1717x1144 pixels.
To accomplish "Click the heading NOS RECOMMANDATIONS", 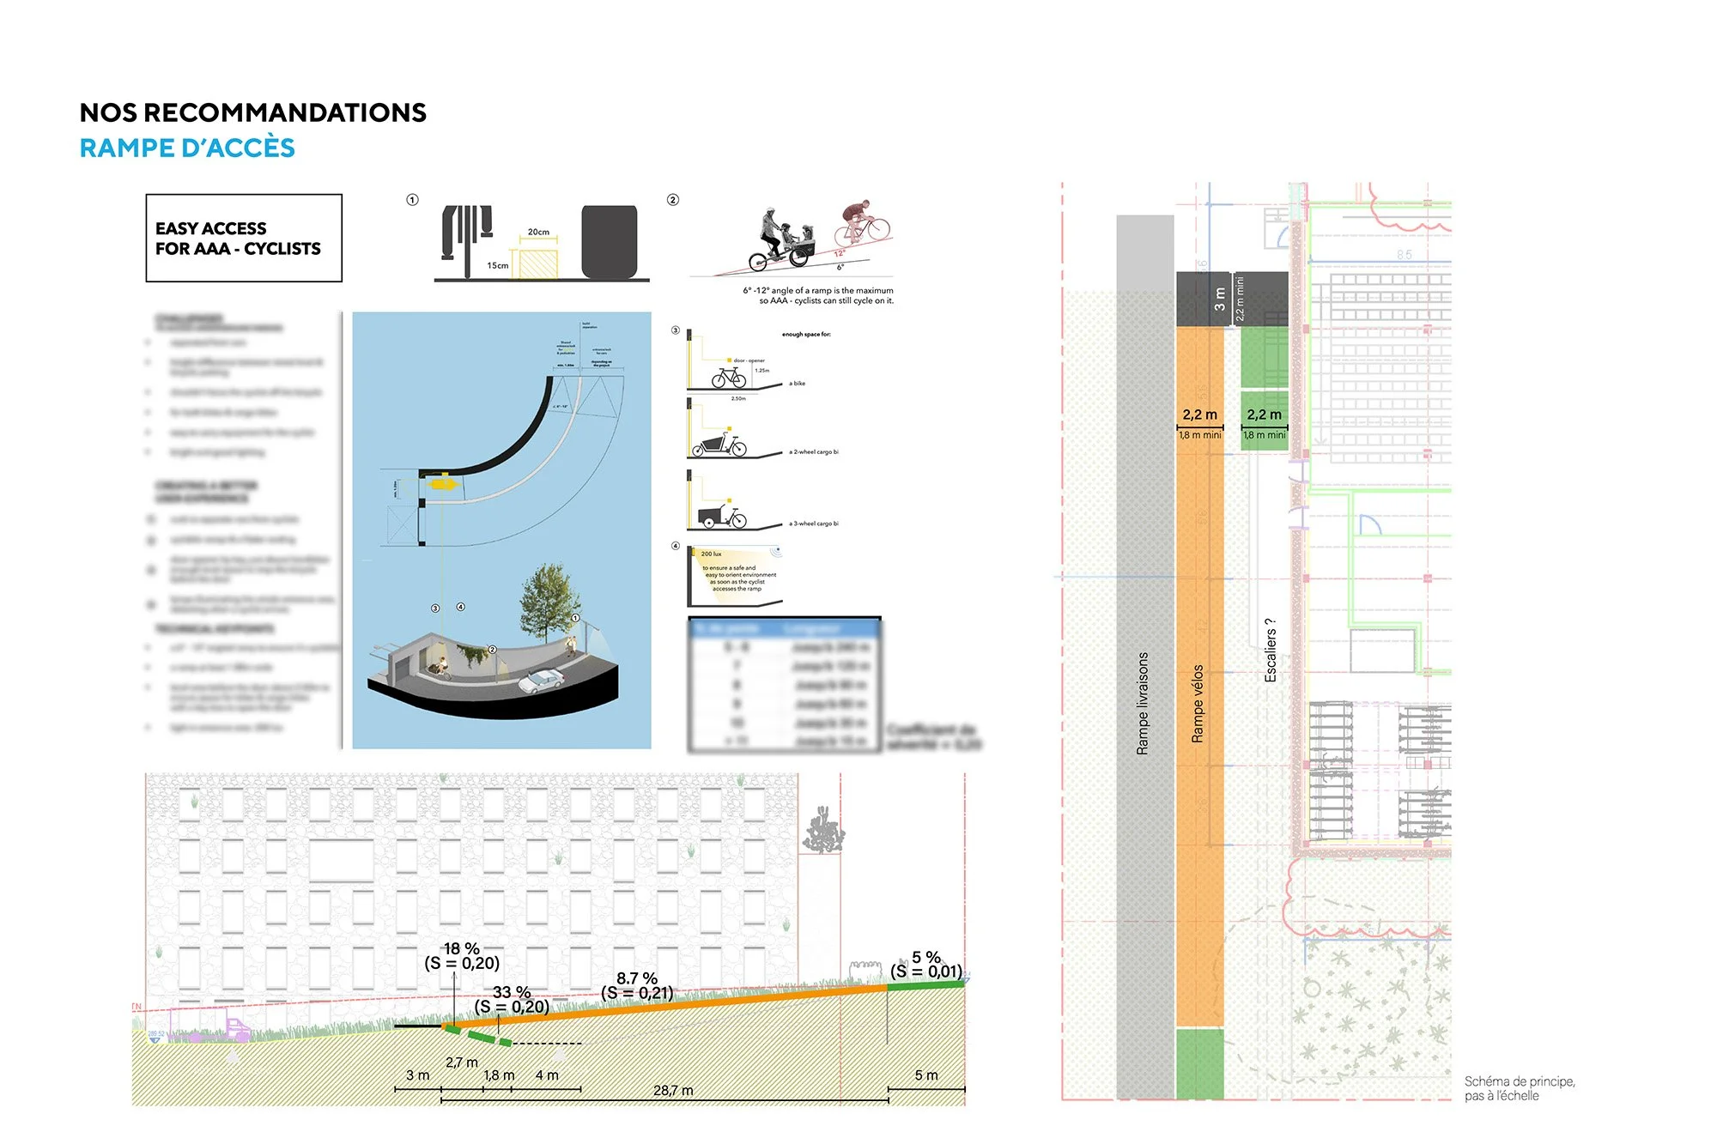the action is pos(252,112).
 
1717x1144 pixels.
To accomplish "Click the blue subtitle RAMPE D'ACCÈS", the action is pos(187,148).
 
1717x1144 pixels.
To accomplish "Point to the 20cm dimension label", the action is pos(538,232).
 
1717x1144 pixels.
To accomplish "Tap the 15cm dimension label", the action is pos(498,265).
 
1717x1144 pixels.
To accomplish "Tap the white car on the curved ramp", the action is pos(542,681).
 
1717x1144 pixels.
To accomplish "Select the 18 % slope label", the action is pos(462,948).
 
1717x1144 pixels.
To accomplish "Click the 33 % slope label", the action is pos(511,992).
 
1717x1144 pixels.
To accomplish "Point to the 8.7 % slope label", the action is pos(637,978).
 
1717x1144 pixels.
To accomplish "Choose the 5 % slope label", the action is pos(926,957).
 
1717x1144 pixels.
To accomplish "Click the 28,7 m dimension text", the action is pos(673,1090).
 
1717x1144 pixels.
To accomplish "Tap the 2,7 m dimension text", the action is pos(462,1062).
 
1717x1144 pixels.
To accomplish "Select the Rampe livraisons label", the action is pos(1143,704).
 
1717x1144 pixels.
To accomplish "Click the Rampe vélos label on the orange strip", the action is pos(1198,704).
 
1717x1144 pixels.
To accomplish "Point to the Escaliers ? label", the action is pos(1271,651).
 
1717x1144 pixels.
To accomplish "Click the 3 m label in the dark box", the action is pos(1220,300).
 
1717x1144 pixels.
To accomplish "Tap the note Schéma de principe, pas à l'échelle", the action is pos(1519,1088).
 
